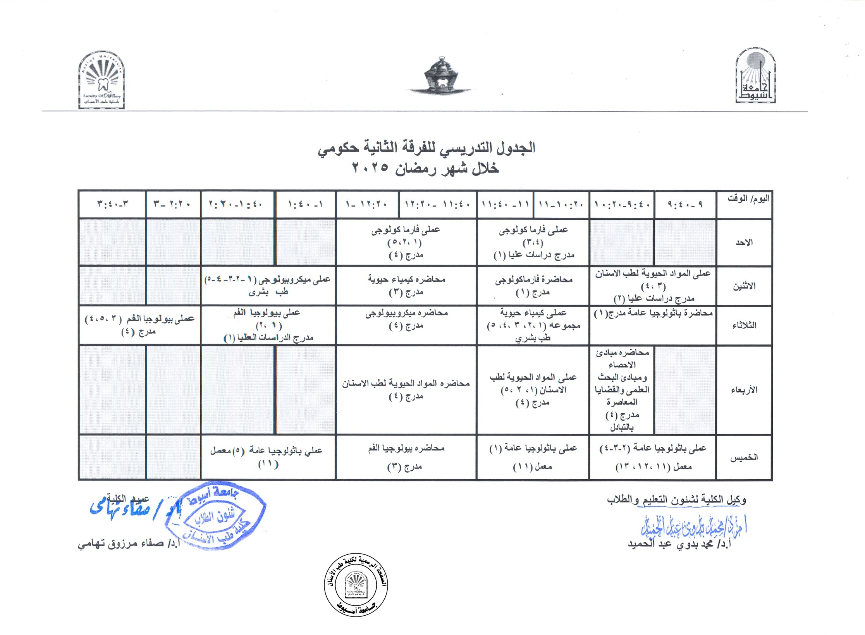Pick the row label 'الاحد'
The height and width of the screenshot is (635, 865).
[x=744, y=243]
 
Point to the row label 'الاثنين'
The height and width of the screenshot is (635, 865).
[x=744, y=286]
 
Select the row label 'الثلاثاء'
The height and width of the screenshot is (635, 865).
[x=744, y=325]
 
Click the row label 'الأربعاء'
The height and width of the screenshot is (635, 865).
[x=744, y=390]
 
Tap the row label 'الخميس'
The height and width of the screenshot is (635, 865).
[x=744, y=458]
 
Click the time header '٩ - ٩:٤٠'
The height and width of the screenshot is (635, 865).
[x=685, y=204]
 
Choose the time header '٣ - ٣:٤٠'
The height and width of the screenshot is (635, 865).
[x=112, y=204]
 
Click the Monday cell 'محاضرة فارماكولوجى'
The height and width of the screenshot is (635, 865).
[x=533, y=286]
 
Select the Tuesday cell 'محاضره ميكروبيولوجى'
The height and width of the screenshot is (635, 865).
[x=406, y=319]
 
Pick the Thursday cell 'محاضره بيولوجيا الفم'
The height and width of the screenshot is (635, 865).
[x=406, y=457]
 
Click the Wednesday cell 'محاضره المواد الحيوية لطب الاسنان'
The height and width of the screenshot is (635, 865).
[x=406, y=389]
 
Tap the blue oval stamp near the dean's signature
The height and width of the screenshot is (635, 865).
[x=215, y=515]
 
